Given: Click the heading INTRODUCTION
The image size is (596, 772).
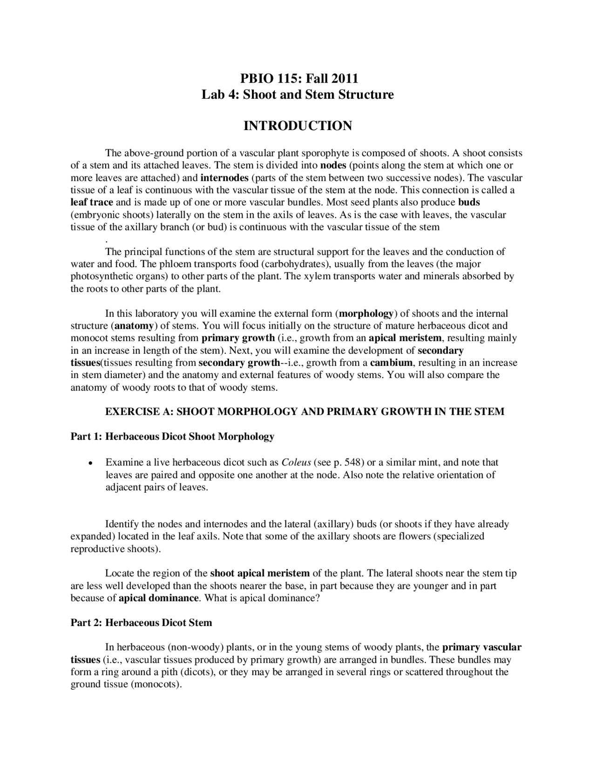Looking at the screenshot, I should pos(298,126).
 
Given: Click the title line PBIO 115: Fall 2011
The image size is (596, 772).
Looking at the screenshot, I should pos(298,77).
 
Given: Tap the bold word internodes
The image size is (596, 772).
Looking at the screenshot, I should pos(224,178).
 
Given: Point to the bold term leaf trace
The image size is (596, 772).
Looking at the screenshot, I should pos(92,202).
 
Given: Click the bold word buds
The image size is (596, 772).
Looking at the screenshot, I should pos(469,202).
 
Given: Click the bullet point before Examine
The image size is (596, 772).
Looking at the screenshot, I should pos(89,463).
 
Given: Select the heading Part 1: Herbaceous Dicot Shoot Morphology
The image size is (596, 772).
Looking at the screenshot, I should pos(172,437).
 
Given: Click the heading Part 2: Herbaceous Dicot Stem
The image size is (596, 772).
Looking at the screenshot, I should pos(141,623).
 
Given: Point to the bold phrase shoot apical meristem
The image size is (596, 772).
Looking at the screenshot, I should pos(260,573).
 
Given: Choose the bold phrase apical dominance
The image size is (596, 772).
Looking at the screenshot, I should pos(159,598).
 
